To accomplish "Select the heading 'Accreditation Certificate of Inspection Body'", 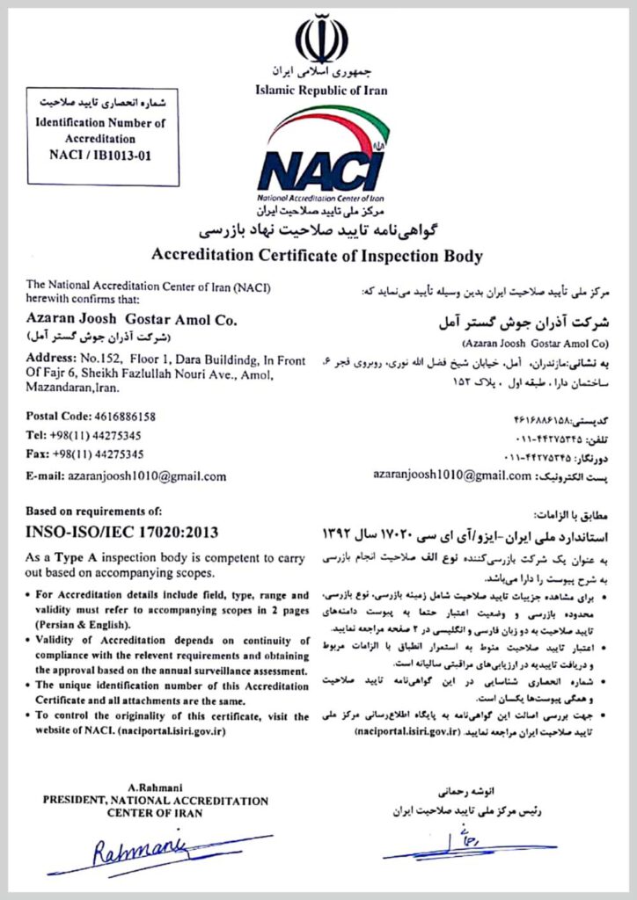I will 318,257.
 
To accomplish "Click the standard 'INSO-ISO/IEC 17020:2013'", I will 122,533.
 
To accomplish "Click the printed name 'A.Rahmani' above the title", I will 155,788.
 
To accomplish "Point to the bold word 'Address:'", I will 50,360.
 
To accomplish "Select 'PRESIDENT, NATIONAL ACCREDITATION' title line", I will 156,801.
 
